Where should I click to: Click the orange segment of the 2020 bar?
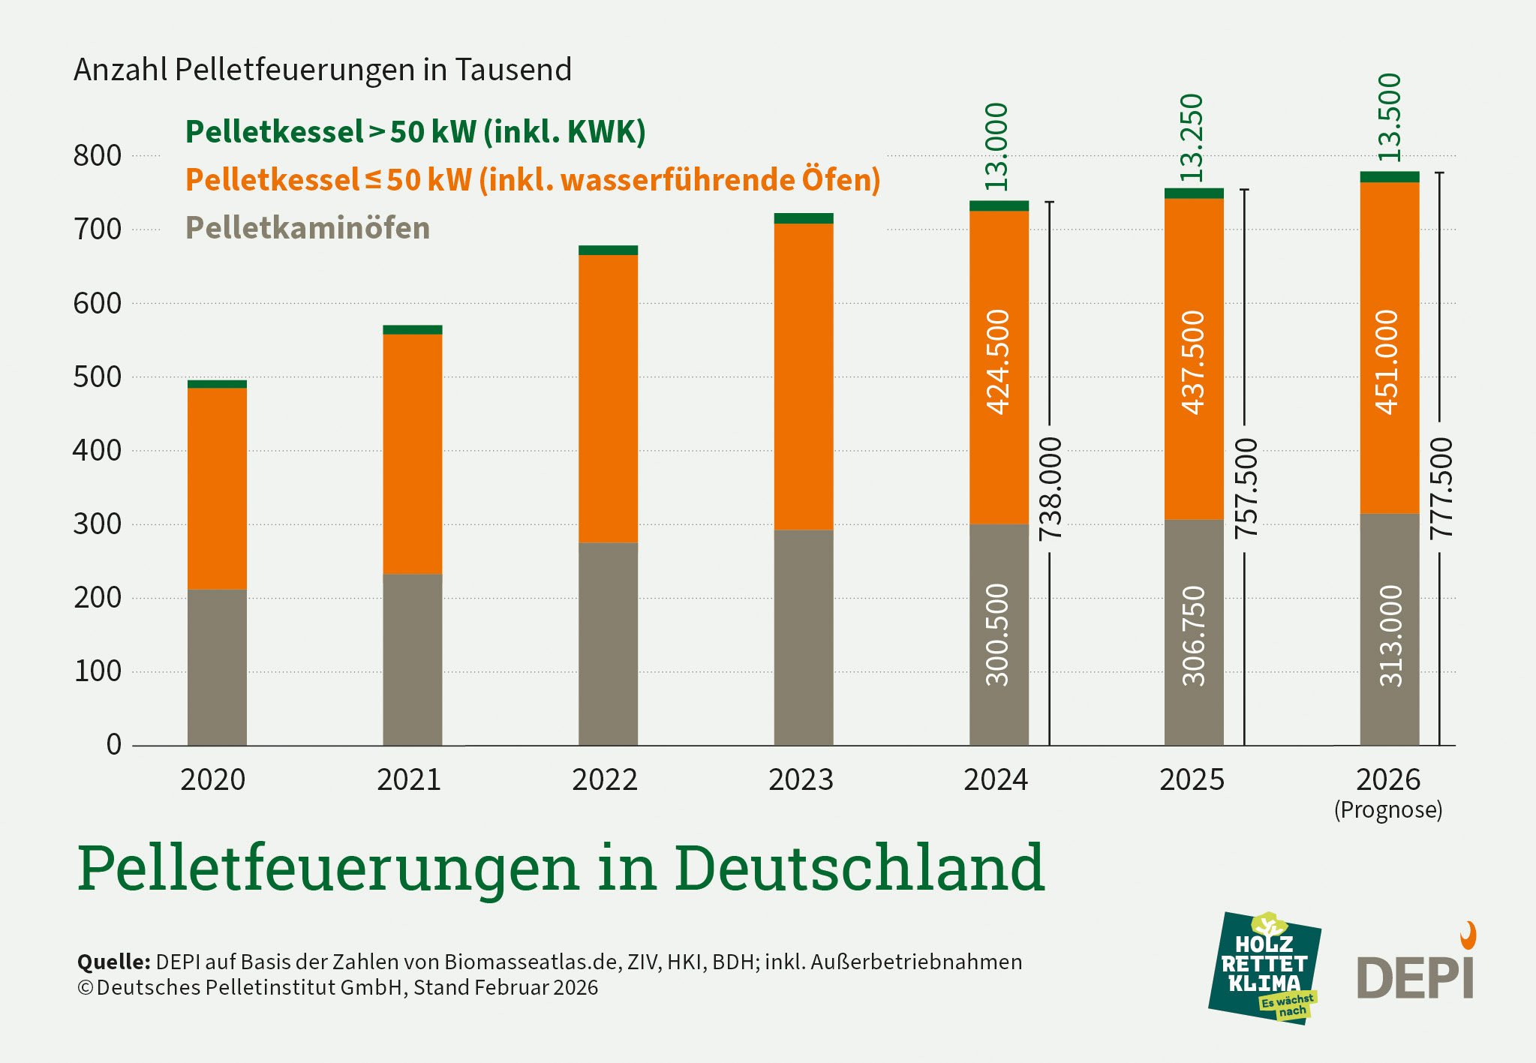pos(217,488)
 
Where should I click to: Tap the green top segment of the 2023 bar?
pos(804,218)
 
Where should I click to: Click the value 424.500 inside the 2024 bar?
pos(998,362)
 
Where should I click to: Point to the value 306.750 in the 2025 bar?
pos(1193,635)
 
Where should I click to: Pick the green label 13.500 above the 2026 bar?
pos(1389,117)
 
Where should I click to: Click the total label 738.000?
pos(1051,488)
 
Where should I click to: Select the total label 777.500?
pos(1441,488)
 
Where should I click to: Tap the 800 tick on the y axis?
pos(97,156)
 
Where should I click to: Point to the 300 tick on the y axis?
pos(97,524)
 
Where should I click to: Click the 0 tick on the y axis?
pos(113,745)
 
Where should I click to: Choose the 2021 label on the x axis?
pos(408,780)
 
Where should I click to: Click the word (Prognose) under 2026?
pos(1388,810)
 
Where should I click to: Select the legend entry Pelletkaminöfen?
pos(308,228)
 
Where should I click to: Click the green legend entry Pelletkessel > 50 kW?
pos(415,132)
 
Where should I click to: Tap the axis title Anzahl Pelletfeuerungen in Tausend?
pos(323,70)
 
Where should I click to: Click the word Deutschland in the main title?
pos(859,868)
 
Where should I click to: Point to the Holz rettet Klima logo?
pos(1264,968)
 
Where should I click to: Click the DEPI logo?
pos(1416,971)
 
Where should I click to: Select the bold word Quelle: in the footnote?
pos(114,962)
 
